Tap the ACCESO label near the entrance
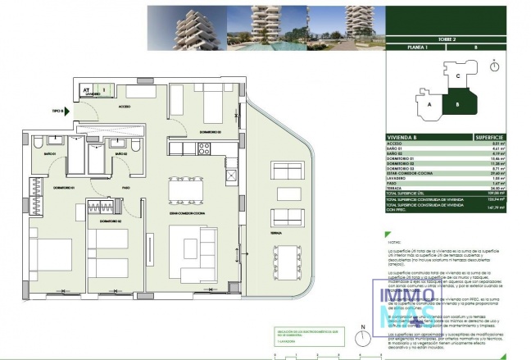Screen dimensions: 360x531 pyautogui.click(x=124, y=106)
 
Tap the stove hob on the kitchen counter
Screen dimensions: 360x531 pyautogui.click(x=204, y=148)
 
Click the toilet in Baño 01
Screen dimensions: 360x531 pyautogui.click(x=40, y=145)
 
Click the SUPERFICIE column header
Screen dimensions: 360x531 pyautogui.click(x=493, y=137)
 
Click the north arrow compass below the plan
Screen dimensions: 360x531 pyautogui.click(x=361, y=334)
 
